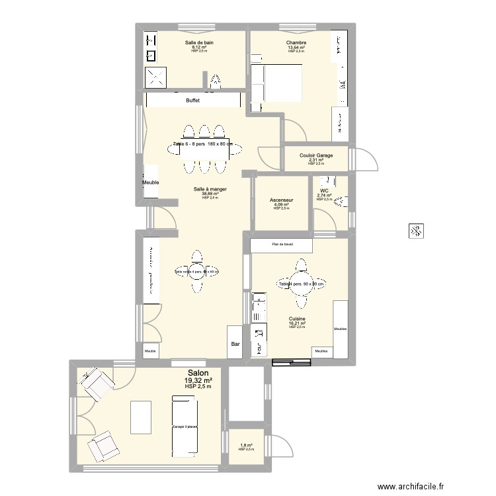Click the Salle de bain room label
coord(199,42)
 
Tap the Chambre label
coord(296,42)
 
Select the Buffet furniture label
coord(192,101)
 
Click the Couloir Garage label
coord(316,155)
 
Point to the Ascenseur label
coord(282,200)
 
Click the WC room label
coord(324,190)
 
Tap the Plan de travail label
coord(282,244)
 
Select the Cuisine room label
coord(297,318)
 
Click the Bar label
coord(235,344)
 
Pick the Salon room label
coord(198,373)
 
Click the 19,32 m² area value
coord(198,380)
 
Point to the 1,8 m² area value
coord(246,445)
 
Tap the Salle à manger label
coord(210,189)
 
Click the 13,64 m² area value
coord(296,47)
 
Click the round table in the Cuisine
coord(302,284)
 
